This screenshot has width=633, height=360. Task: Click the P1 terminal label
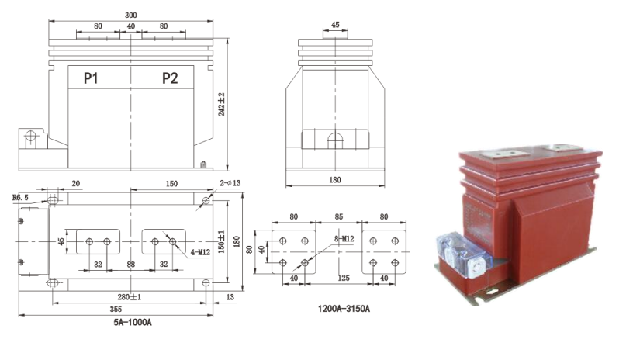coord(92,78)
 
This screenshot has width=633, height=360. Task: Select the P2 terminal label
coord(171,78)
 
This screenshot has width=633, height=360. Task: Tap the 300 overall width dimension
coord(133,15)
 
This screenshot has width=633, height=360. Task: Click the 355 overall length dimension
coord(116,309)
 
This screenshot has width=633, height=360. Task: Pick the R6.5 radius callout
coord(21,198)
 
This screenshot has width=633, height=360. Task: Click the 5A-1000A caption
coord(131,322)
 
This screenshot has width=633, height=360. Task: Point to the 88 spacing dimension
coord(130,264)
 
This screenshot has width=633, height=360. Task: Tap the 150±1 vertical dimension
coord(222,241)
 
